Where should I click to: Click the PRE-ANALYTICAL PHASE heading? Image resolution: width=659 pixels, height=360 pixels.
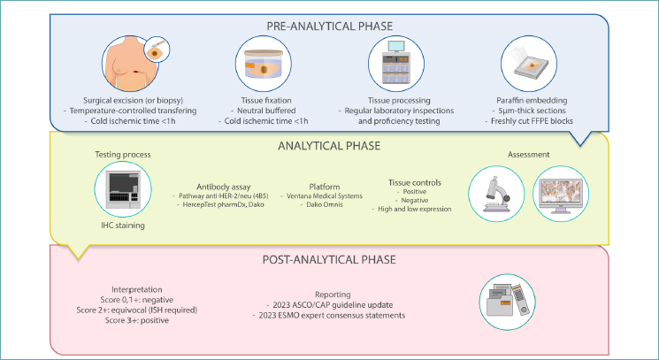click(x=329, y=26)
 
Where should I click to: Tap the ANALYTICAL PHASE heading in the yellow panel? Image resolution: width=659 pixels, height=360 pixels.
click(x=329, y=146)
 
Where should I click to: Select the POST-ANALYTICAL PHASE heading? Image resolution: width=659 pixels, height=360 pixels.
click(x=329, y=259)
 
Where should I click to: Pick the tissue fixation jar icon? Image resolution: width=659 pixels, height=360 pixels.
click(x=263, y=64)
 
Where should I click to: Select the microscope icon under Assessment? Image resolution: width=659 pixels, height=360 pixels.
click(x=496, y=194)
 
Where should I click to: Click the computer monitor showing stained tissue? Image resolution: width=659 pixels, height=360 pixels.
click(x=561, y=194)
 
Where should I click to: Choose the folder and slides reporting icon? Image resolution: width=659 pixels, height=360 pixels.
click(x=507, y=302)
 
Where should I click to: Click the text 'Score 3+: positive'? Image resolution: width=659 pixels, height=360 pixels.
click(x=136, y=320)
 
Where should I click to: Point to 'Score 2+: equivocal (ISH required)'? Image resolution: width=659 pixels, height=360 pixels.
click(x=136, y=310)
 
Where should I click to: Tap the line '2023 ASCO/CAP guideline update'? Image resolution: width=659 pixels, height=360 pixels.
click(x=330, y=305)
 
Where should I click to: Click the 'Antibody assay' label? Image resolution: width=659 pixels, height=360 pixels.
click(x=224, y=187)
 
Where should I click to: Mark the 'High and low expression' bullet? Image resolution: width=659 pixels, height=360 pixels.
click(x=411, y=209)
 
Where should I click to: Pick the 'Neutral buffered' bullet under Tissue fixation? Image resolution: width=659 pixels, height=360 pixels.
click(x=263, y=111)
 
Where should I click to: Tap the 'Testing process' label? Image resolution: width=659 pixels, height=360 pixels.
click(x=123, y=155)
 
